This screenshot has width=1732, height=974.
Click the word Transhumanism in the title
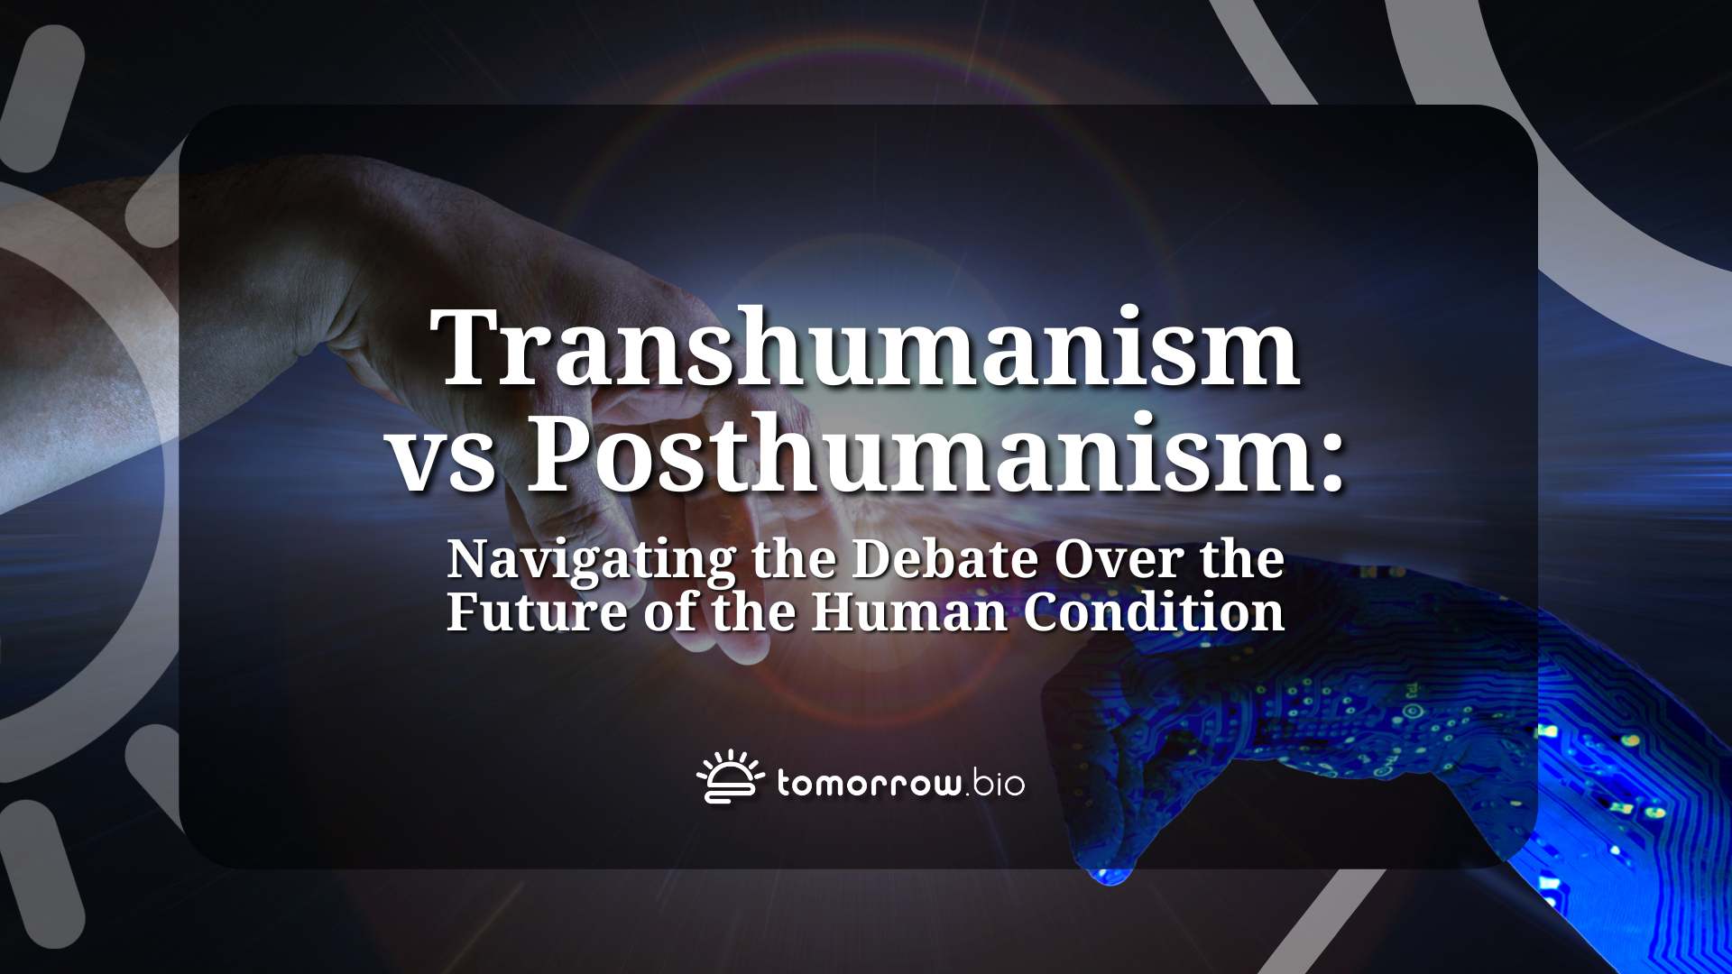pyautogui.click(x=866, y=347)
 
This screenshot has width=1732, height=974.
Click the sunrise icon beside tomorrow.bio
pyautogui.click(x=730, y=777)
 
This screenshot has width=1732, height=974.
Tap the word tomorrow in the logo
pyautogui.click(x=869, y=783)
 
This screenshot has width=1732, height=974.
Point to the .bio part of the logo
pyautogui.click(x=995, y=783)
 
